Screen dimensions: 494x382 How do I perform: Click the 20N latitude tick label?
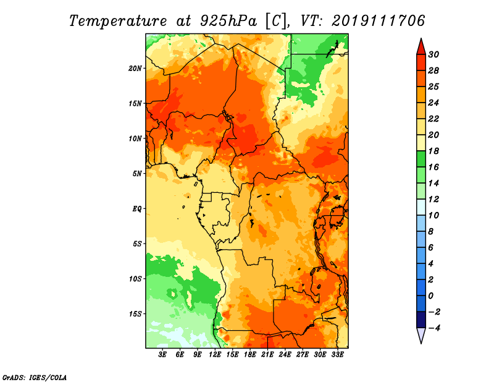[x=135, y=69]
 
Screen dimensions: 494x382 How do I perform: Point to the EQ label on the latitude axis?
[x=136, y=209]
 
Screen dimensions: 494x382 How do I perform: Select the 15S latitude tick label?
[x=135, y=314]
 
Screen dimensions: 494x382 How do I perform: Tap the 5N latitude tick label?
[x=137, y=174]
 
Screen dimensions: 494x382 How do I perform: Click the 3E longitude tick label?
[x=162, y=355]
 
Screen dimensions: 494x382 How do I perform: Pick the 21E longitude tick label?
[x=267, y=355]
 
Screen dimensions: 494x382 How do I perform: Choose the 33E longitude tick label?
[x=337, y=355]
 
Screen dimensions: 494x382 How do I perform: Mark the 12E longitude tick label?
[x=214, y=355]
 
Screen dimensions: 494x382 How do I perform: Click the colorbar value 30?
[x=433, y=54]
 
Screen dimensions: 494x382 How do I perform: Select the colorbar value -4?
[x=433, y=328]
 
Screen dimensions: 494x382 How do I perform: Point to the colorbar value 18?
[x=433, y=151]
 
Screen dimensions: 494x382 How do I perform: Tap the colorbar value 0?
[x=431, y=296]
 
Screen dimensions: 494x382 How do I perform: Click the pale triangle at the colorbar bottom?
[x=421, y=335]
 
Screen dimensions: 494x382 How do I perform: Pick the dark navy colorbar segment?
[x=421, y=320]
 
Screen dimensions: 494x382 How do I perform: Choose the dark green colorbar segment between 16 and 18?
[x=421, y=159]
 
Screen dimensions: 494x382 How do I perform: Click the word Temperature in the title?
[x=118, y=21]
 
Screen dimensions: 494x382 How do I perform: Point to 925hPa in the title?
[x=228, y=21]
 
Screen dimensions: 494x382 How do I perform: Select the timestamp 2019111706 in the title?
[x=378, y=21]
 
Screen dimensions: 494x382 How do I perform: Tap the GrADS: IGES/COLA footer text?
[x=35, y=378]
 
